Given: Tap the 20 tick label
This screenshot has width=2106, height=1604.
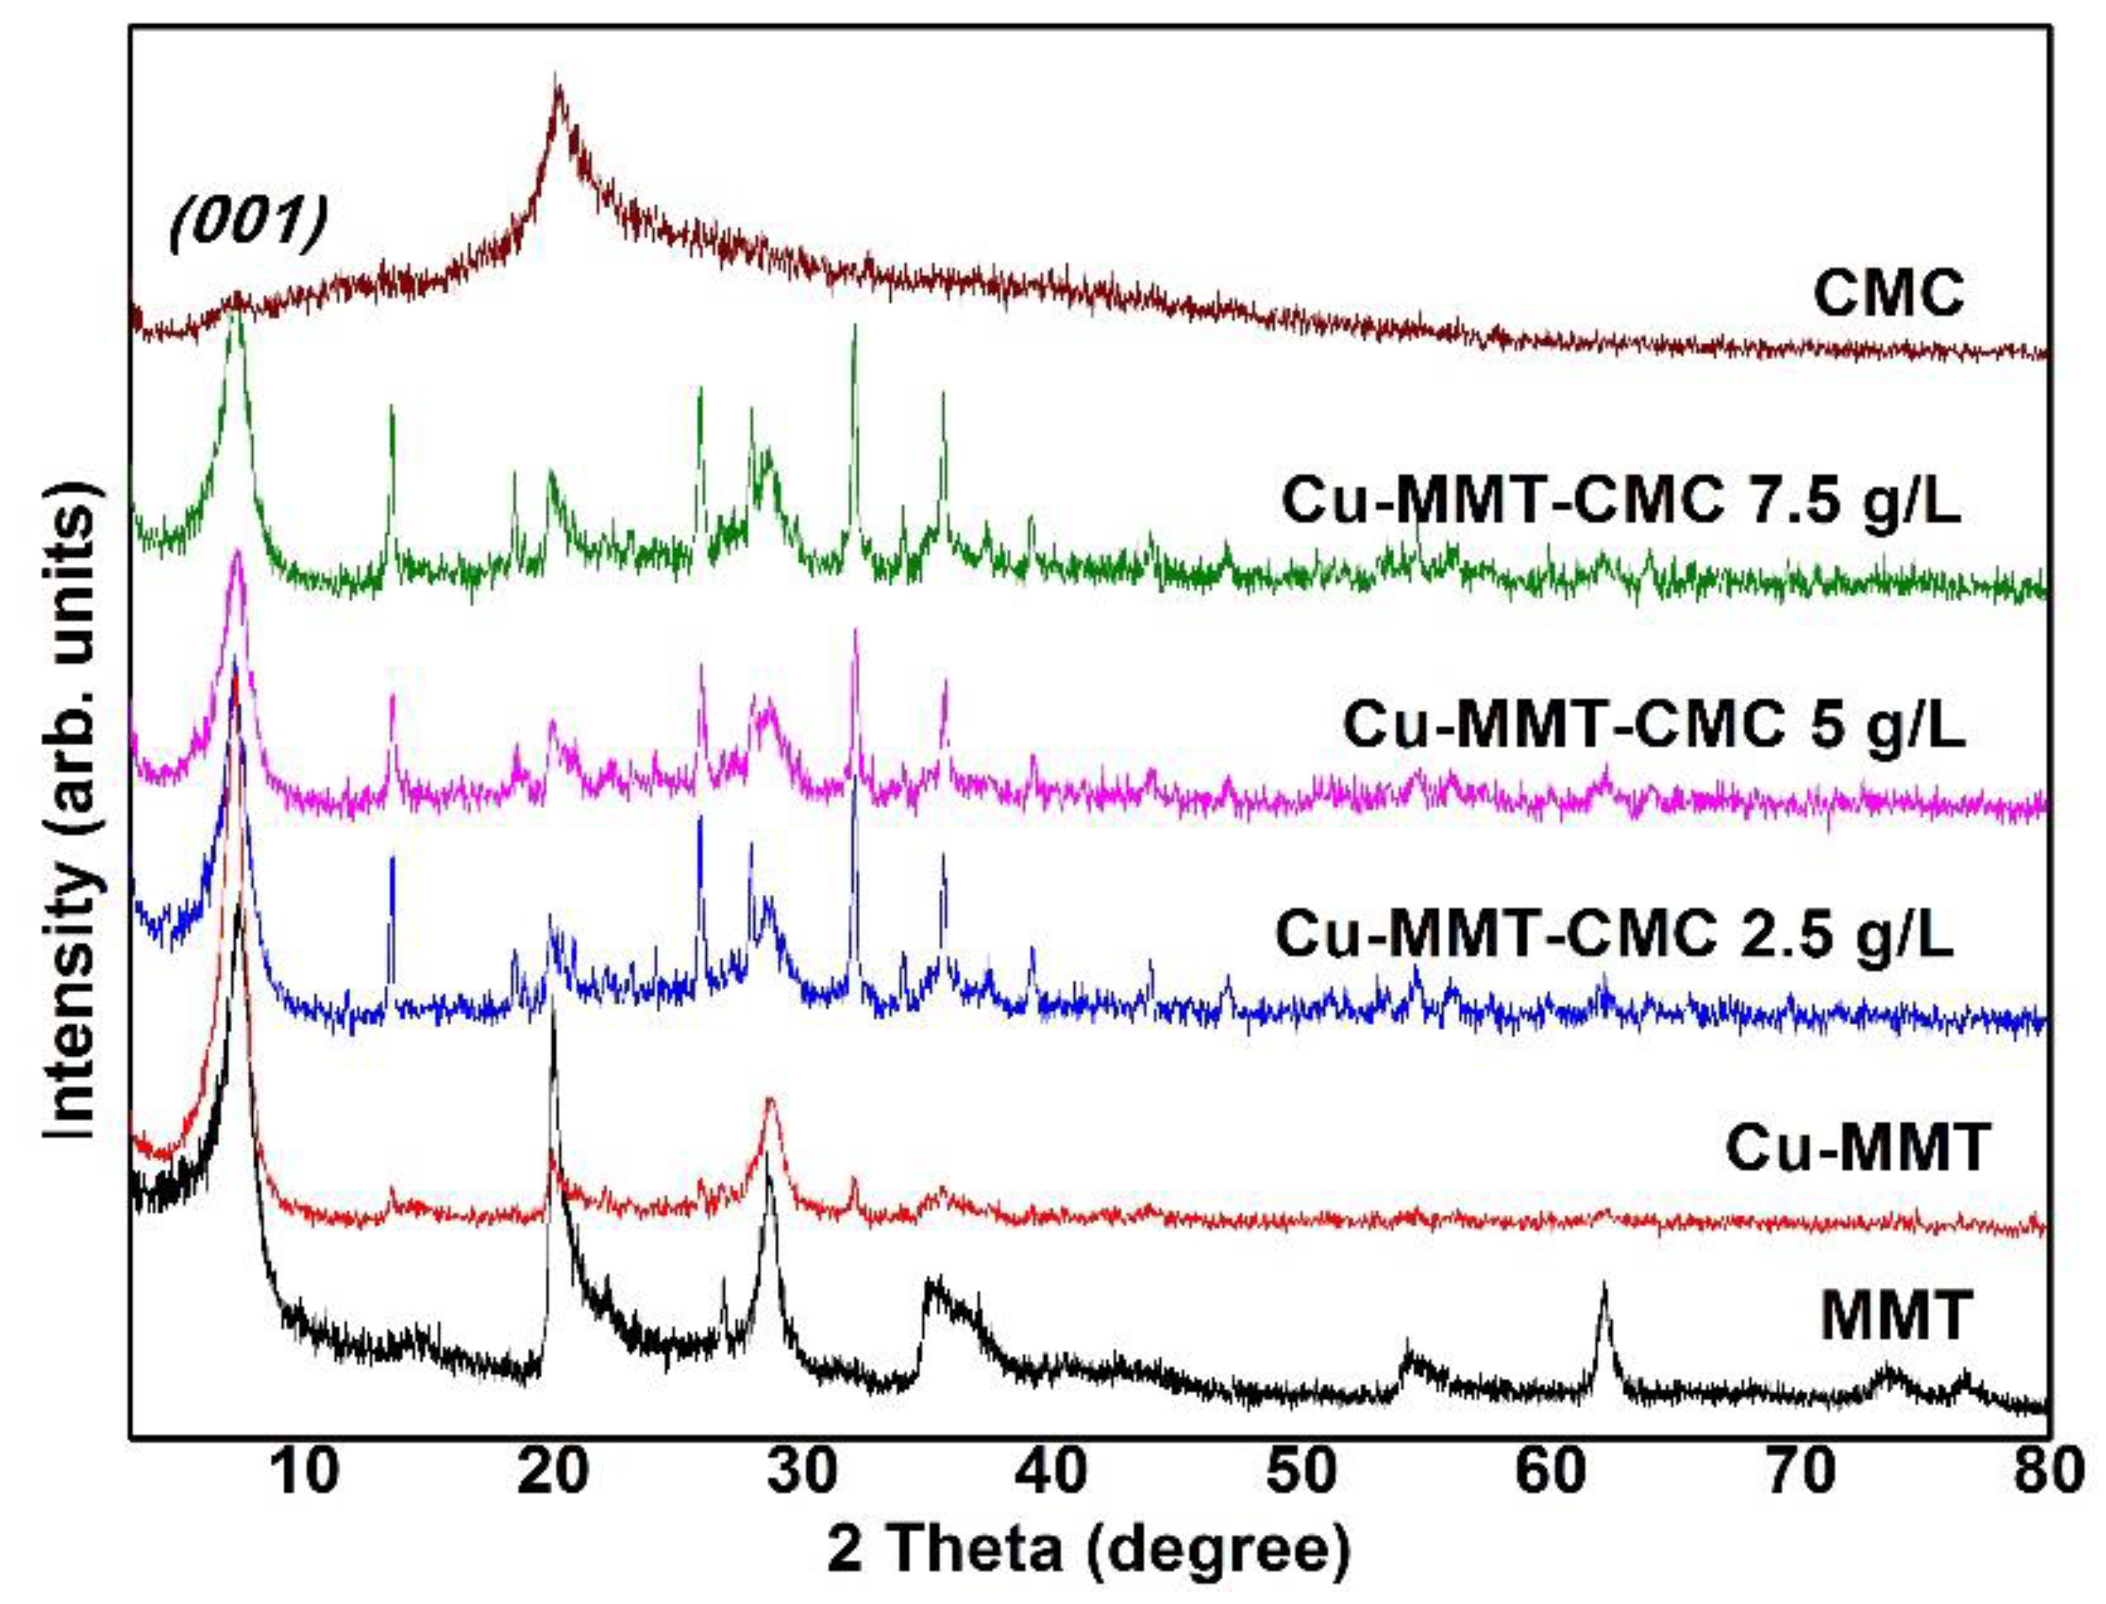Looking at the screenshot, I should (x=559, y=1470).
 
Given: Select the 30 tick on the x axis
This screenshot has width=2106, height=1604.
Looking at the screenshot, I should (x=810, y=1470).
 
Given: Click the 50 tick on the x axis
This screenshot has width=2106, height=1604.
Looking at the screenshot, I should (x=1310, y=1470).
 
